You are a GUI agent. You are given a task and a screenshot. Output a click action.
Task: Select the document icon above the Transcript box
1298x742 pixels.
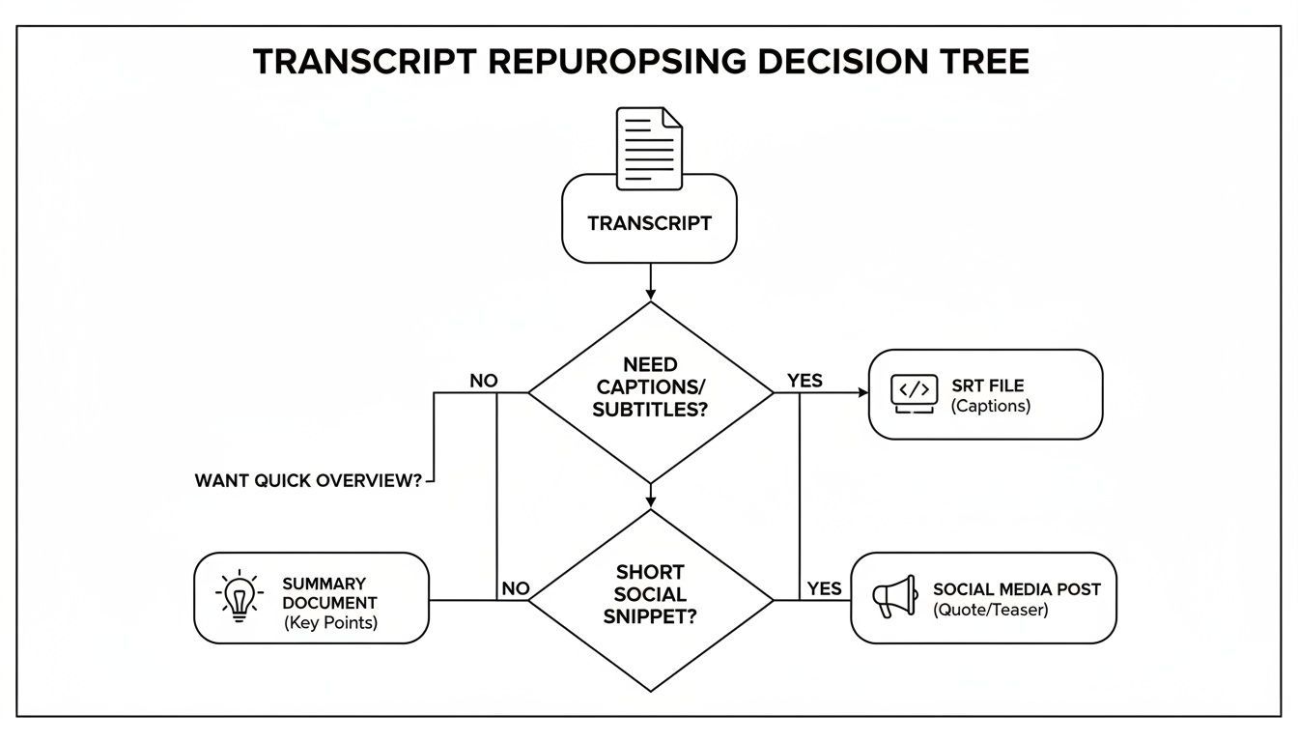(649, 148)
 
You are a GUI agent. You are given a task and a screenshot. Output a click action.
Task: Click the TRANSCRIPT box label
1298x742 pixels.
(649, 223)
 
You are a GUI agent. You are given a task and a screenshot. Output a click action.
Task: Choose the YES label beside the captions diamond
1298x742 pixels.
(804, 381)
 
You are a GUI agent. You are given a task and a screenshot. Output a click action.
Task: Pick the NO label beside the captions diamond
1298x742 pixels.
(483, 381)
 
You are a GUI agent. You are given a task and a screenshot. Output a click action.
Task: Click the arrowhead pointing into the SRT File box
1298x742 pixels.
(862, 393)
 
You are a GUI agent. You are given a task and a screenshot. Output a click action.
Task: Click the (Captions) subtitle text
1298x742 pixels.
(990, 407)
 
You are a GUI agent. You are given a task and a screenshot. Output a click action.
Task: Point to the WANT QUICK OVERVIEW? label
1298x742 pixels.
(308, 480)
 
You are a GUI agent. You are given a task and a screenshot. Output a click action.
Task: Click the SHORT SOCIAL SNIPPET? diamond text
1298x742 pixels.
(650, 594)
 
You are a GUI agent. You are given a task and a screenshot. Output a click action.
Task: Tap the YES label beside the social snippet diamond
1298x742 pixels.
(824, 588)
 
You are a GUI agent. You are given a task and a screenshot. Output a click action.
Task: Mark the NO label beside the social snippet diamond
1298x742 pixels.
(516, 588)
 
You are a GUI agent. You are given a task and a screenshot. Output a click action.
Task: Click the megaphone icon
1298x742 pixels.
(893, 597)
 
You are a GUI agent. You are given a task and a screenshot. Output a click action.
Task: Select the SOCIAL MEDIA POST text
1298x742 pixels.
(1016, 588)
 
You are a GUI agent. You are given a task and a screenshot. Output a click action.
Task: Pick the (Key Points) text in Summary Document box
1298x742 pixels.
(330, 623)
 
